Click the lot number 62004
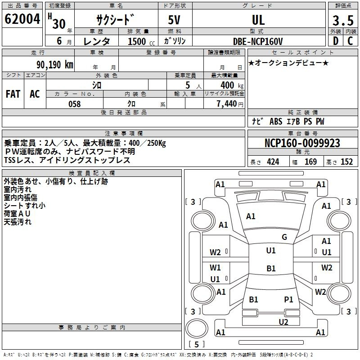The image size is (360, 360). tap(22, 19)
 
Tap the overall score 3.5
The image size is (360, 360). tap(343, 20)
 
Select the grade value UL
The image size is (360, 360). tap(258, 20)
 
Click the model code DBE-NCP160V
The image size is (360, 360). tap(258, 41)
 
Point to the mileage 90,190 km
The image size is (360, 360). tap(54, 65)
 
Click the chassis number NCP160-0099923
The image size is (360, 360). tap(302, 143)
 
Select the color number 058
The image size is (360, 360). tap(75, 104)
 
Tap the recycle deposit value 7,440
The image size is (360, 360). tap(227, 104)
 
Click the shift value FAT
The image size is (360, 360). tap(13, 94)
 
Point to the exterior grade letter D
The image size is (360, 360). tap(336, 41)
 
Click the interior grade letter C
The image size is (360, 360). tap(350, 41)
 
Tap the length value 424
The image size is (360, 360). tap(273, 162)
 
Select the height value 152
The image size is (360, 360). tap(346, 162)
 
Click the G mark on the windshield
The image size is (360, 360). tap(284, 237)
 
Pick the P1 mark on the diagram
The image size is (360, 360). tap(288, 300)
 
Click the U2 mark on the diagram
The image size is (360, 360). tap(283, 322)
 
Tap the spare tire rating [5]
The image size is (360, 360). tap(197, 344)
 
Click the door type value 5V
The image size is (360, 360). tap(174, 20)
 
